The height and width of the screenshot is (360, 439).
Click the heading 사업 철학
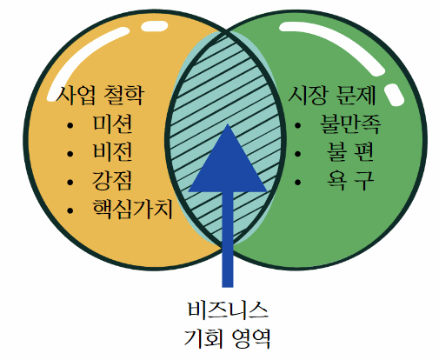(x=100, y=95)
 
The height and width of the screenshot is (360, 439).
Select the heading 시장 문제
(x=332, y=95)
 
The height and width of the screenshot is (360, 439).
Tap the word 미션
(x=112, y=124)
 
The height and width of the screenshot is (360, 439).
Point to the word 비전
(x=112, y=151)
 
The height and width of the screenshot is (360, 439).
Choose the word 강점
(x=112, y=180)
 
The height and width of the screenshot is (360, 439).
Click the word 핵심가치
(x=133, y=209)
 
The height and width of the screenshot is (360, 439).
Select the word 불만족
(x=350, y=124)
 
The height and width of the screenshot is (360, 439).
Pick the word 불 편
(x=350, y=151)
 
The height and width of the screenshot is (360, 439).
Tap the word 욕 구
(x=350, y=180)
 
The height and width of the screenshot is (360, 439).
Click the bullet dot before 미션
(x=70, y=125)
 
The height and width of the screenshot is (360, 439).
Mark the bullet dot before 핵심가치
(x=70, y=210)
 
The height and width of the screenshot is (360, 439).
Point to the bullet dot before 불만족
(x=297, y=125)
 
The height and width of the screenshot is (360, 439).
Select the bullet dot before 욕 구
(x=297, y=183)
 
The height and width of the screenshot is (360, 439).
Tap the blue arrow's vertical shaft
(x=228, y=239)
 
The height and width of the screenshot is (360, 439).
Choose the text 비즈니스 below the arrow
(x=228, y=310)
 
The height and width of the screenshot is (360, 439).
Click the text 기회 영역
(x=228, y=337)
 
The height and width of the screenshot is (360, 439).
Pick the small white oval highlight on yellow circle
(x=154, y=26)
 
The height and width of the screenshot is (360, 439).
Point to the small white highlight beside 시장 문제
(x=394, y=95)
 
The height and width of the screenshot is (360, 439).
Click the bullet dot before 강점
(x=70, y=183)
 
